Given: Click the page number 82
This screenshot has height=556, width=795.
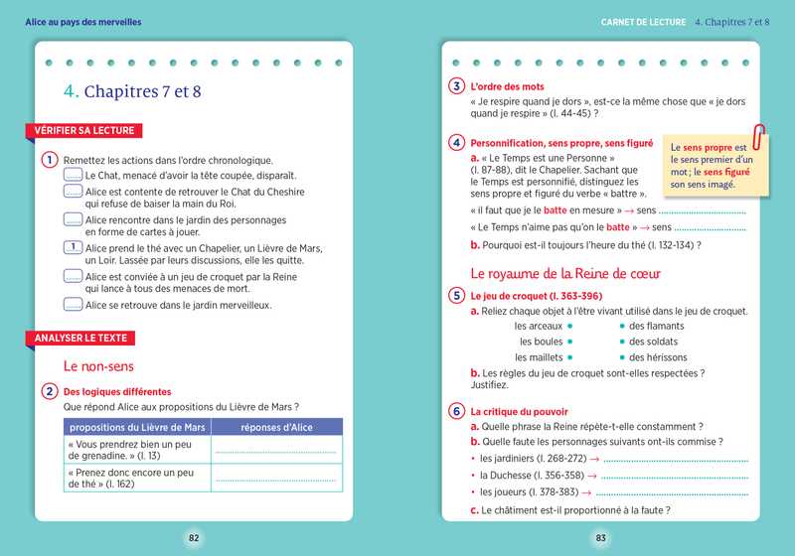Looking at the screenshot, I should (194, 538).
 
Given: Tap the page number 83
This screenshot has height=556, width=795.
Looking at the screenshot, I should (600, 538).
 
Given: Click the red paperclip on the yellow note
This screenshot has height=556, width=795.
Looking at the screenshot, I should (761, 136).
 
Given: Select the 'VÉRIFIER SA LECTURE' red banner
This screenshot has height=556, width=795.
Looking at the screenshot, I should (83, 130).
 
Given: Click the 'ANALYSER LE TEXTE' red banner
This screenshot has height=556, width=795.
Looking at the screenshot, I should (81, 339).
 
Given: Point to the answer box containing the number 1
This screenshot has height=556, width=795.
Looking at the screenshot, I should (73, 248).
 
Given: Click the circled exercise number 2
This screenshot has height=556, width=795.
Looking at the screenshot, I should (49, 392).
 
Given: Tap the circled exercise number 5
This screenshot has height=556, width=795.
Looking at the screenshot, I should (456, 295).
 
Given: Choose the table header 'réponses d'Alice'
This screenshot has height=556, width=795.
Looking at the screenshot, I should (277, 427).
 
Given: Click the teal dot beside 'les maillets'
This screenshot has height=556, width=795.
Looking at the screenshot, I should (570, 357).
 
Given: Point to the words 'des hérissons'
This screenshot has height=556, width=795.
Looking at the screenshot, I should (658, 357).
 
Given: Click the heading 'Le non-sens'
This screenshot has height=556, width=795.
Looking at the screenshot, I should (99, 365).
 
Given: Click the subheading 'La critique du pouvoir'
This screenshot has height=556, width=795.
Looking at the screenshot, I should (519, 411).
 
